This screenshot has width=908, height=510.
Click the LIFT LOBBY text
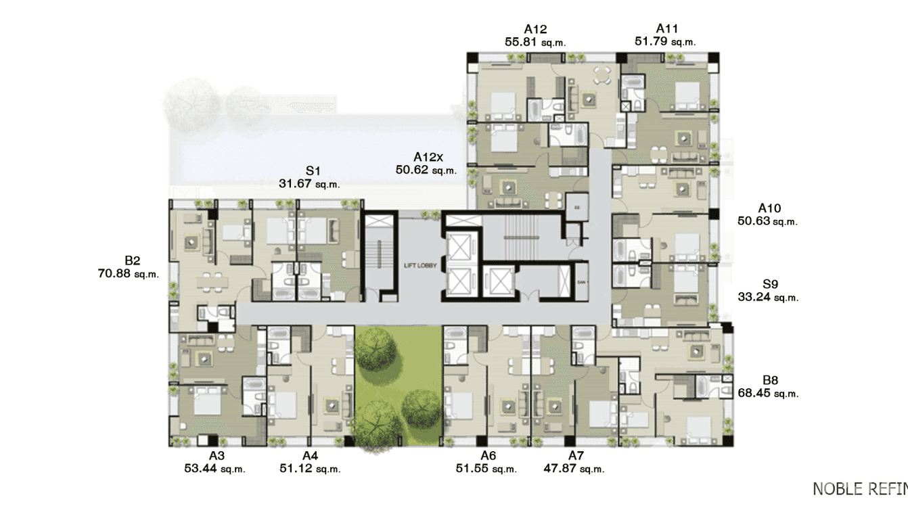click(x=420, y=266)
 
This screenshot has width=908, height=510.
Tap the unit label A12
click(x=535, y=29)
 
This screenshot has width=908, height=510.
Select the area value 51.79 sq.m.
click(x=664, y=41)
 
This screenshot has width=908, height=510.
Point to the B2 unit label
click(x=132, y=260)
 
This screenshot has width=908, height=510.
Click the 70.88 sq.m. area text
click(x=128, y=273)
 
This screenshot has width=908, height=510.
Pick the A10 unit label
click(x=769, y=208)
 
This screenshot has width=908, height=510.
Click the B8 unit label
click(x=770, y=380)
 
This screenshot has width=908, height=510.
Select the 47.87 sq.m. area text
click(x=574, y=468)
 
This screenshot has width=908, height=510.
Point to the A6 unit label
click(x=488, y=456)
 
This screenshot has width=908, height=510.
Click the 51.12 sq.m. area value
click(x=310, y=468)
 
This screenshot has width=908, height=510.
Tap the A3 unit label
click(x=216, y=456)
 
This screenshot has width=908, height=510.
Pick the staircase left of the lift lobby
click(x=379, y=257)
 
